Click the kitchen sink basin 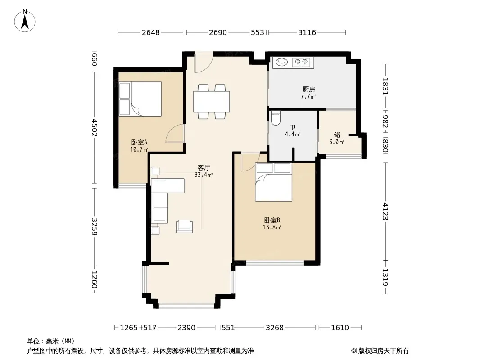click(282, 63)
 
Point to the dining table click(212, 102)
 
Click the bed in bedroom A click(140, 99)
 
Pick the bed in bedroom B click(273, 182)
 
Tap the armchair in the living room click(184, 226)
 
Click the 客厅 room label click(204, 167)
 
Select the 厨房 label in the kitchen click(308, 89)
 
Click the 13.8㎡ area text click(272, 227)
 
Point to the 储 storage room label click(337, 135)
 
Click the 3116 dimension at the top click(307, 32)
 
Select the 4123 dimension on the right click(385, 211)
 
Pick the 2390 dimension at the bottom click(186, 328)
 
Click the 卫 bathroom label click(293, 127)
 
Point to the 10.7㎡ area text click(139, 149)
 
